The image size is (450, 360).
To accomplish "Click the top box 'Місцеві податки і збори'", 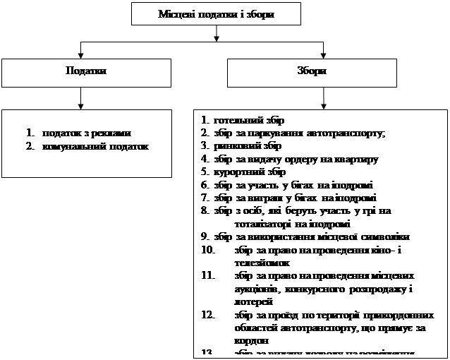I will pos(215,13).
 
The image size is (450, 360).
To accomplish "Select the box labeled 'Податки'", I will pos(86,72).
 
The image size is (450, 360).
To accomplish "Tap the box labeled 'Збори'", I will pos(317,72).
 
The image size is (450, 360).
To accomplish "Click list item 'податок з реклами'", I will pos(86,133).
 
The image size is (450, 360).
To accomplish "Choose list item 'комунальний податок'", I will pos(95,146).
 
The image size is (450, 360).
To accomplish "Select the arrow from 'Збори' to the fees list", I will pos(322,100).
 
